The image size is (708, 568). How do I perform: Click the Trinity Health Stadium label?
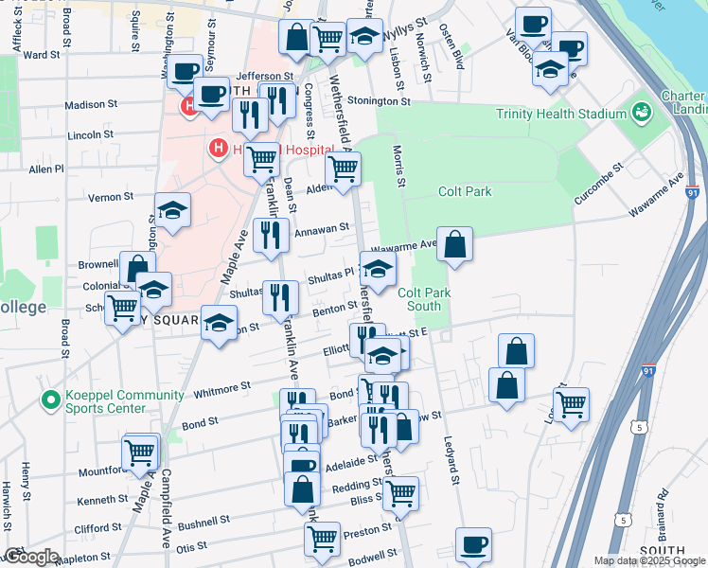point(562,114)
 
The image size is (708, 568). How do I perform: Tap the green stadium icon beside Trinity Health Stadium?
point(642,113)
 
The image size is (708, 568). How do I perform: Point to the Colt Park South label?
point(423,299)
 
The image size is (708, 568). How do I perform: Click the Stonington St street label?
point(379,99)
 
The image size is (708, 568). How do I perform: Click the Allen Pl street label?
point(45,169)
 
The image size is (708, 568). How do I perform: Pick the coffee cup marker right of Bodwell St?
point(473,545)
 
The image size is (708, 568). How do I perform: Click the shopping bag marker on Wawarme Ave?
point(455,244)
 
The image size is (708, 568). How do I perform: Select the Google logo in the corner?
point(31,557)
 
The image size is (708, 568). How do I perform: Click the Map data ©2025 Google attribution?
point(648,560)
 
